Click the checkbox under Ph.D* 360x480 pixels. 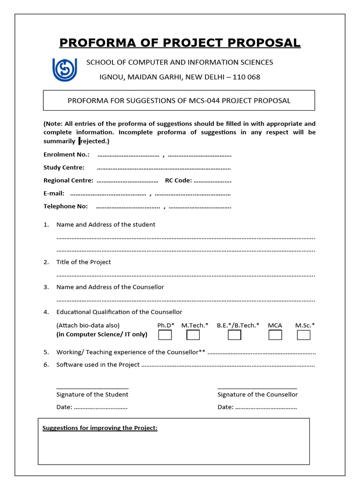165,335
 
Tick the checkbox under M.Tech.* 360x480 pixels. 193,335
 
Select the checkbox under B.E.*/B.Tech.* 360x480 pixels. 234,335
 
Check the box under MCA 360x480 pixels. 275,335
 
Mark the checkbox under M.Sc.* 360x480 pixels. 304,335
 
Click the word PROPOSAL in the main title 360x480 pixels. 266,43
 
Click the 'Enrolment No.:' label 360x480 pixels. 67,154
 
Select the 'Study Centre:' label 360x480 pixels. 64,167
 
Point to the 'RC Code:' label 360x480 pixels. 178,180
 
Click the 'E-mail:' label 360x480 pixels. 54,193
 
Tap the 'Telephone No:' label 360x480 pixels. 66,206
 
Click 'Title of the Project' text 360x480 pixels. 83,262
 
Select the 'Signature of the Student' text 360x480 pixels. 92,394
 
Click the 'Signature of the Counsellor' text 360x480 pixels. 257,394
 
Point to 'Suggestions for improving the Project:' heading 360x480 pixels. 100,428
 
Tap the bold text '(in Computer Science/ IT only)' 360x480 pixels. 102,334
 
